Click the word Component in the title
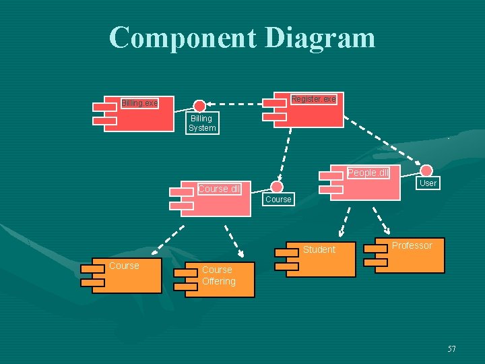[x=181, y=38]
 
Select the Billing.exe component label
[x=139, y=103]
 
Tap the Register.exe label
[x=313, y=99]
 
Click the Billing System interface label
[x=202, y=123]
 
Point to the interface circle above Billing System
[x=199, y=106]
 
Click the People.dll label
[x=368, y=173]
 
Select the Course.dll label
[x=219, y=189]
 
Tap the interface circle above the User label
[x=426, y=171]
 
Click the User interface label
[x=428, y=183]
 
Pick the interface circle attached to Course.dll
[x=277, y=187]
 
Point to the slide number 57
[x=451, y=348]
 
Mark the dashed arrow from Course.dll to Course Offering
[x=233, y=236]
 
